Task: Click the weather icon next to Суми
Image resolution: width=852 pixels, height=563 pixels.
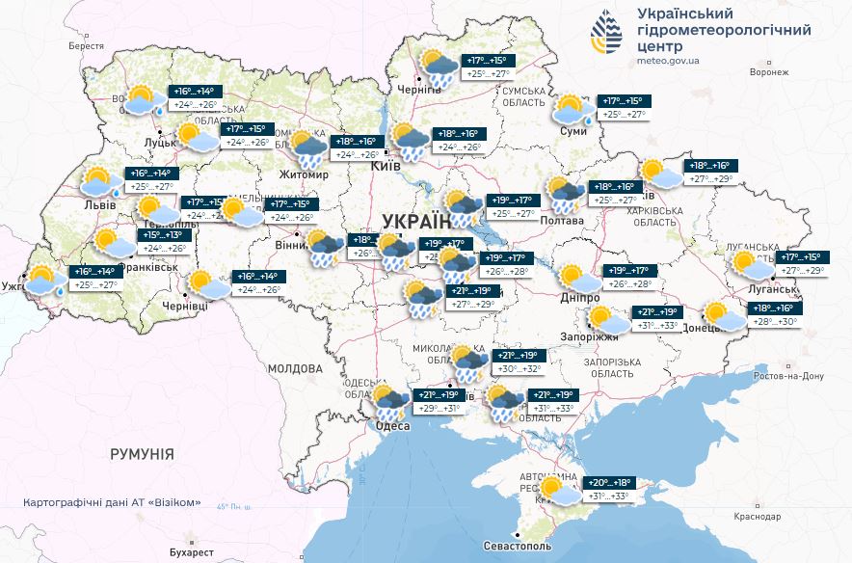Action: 572,109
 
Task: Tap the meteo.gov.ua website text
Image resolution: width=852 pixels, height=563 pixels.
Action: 675,59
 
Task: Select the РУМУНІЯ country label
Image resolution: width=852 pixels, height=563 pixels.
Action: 142,453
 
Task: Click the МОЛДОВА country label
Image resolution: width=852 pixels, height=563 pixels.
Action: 294,368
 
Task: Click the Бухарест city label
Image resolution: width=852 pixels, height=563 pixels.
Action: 185,552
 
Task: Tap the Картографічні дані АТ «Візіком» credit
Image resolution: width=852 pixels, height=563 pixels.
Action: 112,502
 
